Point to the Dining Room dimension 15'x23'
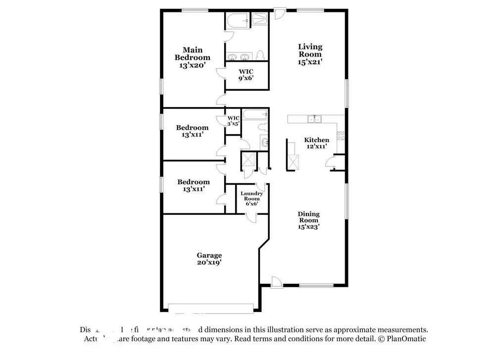click(x=308, y=227)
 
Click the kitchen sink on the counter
click(x=313, y=119)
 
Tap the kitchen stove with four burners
click(x=341, y=134)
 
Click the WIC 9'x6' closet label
click(x=246, y=74)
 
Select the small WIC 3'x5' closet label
click(x=233, y=120)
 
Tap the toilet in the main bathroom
click(x=260, y=55)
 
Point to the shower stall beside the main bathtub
click(x=260, y=19)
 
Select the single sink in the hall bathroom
click(x=265, y=143)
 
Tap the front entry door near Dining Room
click(x=278, y=282)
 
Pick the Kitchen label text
click(x=316, y=140)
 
